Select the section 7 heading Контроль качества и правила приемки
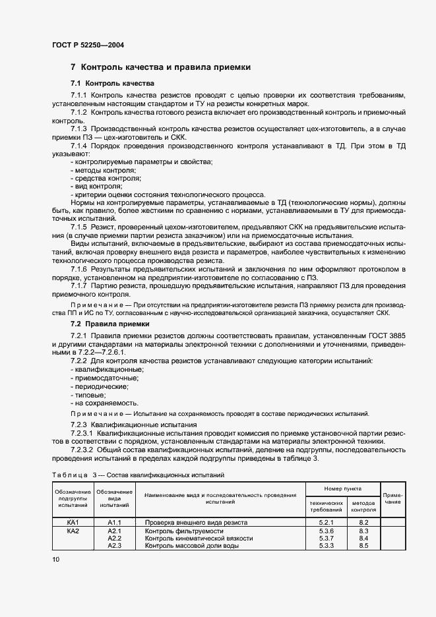(160, 67)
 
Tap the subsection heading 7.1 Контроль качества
(112, 84)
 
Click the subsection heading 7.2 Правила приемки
(109, 324)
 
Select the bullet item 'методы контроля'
(99, 170)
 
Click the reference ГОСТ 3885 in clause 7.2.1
(387, 336)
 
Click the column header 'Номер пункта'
(343, 489)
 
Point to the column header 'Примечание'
(393, 498)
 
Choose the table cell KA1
(73, 522)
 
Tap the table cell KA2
(73, 531)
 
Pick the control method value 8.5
(363, 546)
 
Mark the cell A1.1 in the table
(115, 522)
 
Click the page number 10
(56, 560)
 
